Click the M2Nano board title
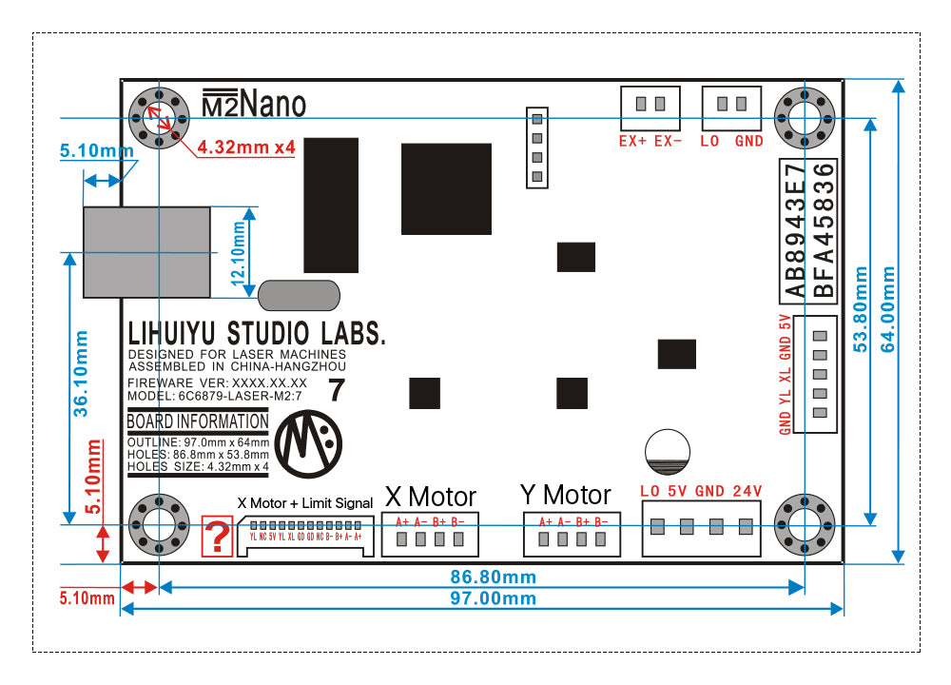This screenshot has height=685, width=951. (254, 103)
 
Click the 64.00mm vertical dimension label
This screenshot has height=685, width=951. (887, 309)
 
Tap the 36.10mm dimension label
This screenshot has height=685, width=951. (81, 373)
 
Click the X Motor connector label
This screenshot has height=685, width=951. (431, 496)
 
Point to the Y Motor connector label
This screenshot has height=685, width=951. (566, 495)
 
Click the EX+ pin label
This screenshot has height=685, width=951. (632, 141)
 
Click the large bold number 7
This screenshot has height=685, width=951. (336, 389)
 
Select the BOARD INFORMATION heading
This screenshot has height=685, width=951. (198, 421)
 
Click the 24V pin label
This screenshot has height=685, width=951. (747, 491)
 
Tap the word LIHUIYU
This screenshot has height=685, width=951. (173, 334)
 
